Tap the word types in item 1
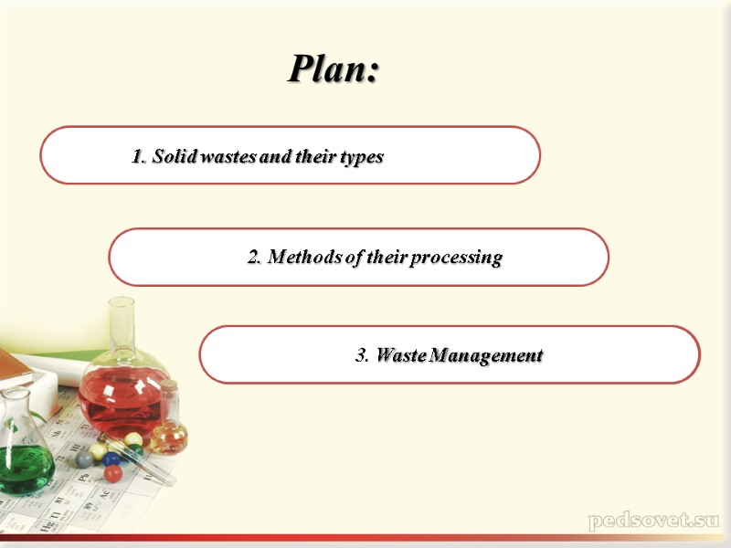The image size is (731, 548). pyautogui.click(x=362, y=157)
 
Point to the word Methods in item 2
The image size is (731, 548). pyautogui.click(x=303, y=257)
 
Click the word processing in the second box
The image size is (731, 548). pyautogui.click(x=456, y=258)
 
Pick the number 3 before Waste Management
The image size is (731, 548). pyautogui.click(x=361, y=355)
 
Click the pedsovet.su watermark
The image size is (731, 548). pyautogui.click(x=653, y=522)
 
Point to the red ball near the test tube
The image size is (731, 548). pyautogui.click(x=112, y=473)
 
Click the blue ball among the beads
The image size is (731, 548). pyautogui.click(x=111, y=458)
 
